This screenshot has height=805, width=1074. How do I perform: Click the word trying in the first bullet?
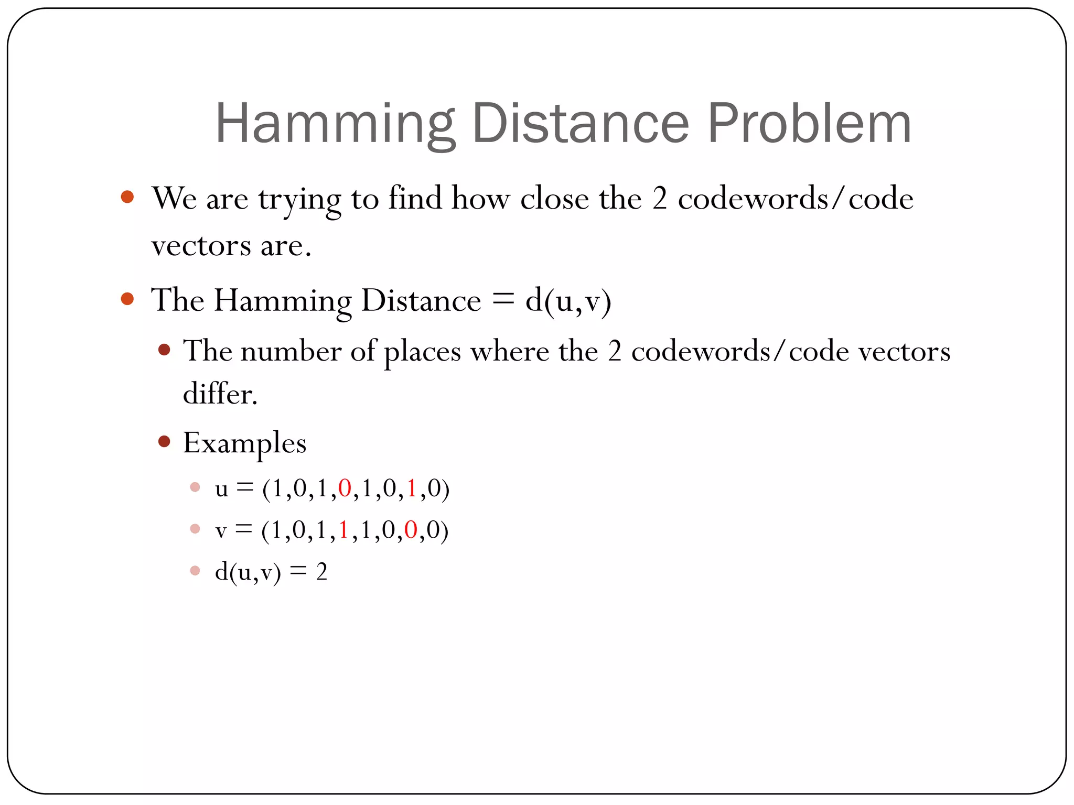point(299,200)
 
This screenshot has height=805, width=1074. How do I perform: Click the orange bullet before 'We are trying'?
point(127,197)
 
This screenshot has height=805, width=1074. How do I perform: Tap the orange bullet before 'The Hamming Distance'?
point(127,299)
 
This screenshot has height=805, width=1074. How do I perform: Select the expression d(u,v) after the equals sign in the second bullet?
point(568,301)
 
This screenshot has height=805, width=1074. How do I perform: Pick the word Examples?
point(244,443)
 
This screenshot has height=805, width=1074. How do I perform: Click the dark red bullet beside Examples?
point(164,441)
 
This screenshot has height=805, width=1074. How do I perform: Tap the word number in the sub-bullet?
point(291,351)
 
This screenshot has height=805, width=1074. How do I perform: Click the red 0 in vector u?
point(345,488)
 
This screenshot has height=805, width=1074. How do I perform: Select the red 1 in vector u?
point(412,488)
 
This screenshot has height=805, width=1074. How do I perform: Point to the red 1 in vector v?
point(344,530)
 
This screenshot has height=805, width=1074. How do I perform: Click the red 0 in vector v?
point(411,530)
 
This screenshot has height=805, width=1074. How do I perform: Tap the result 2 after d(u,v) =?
point(321,572)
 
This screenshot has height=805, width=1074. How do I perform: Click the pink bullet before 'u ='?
point(195,487)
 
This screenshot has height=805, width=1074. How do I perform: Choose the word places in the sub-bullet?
point(422,352)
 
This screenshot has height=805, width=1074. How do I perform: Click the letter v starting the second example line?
point(221,531)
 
